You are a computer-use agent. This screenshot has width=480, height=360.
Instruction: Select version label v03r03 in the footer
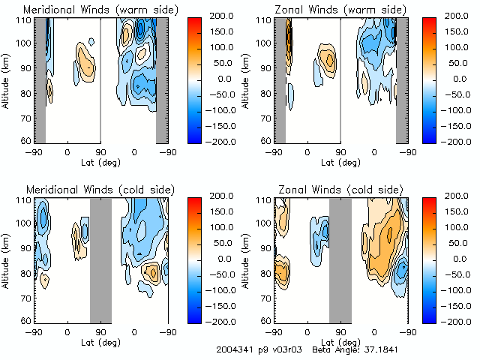tap(285, 350)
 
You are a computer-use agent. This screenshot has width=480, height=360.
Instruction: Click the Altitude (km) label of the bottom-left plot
tap(7, 259)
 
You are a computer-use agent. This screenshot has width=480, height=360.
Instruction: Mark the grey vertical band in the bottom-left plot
tap(100, 259)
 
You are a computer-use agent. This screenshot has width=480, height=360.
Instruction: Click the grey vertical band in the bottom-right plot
tap(340, 259)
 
